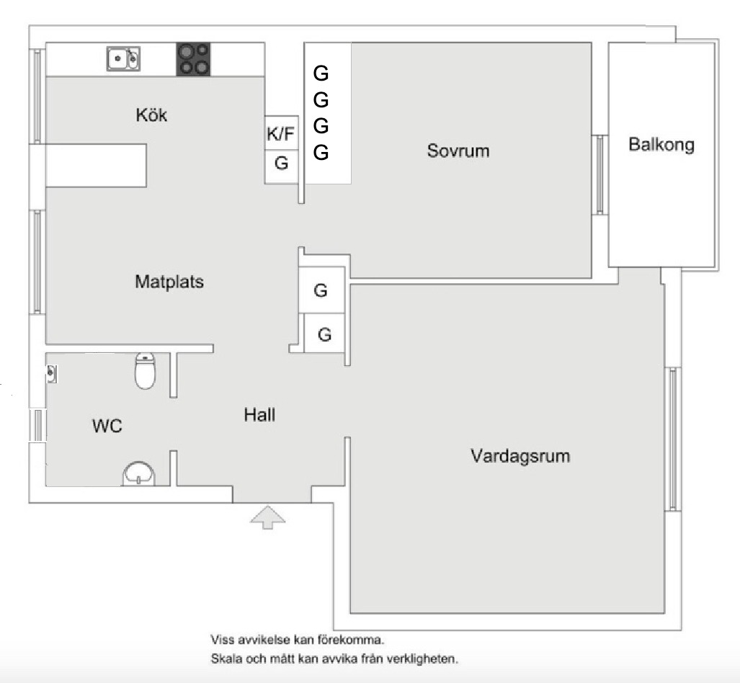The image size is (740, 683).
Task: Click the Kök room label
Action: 151,115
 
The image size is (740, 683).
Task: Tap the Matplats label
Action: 169,282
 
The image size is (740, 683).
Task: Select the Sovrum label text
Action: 458,151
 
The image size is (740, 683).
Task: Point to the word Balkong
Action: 661,144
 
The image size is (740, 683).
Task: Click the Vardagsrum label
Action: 520,456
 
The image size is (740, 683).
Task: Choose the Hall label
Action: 259,415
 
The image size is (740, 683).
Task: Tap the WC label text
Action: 107,426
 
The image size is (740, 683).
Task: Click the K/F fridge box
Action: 281,133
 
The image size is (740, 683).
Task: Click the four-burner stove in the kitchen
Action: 194,59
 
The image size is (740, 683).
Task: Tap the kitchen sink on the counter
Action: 123,58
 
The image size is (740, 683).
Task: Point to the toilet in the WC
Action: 146,370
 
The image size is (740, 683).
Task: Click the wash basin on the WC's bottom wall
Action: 138,475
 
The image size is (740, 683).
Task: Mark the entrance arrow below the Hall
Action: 267,517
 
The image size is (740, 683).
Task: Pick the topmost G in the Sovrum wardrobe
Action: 321,73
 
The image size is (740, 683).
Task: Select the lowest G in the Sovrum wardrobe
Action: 321,152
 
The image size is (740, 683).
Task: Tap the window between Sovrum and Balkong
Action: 599,174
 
